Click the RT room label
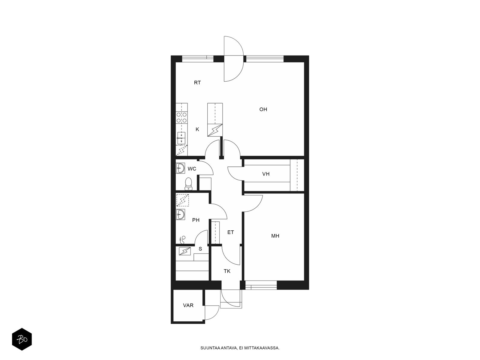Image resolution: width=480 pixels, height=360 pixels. [197, 82]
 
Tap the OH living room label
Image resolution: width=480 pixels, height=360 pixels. [263, 109]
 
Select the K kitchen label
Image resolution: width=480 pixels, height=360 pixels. [197, 129]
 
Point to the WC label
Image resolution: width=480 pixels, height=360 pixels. [192, 169]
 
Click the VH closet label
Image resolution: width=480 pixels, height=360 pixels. [266, 174]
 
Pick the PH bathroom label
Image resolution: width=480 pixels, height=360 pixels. [196, 220]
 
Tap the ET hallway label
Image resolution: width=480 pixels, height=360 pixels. [230, 232]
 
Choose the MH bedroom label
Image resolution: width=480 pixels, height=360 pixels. [275, 236]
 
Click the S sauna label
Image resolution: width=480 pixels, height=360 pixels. [200, 249]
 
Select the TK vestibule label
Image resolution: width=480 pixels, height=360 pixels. [227, 271]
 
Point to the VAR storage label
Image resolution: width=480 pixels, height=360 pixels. [188, 305]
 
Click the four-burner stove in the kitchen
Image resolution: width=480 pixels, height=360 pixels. [182, 118]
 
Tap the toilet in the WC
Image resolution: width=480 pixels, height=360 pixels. [188, 184]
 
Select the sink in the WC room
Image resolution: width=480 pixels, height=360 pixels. [181, 168]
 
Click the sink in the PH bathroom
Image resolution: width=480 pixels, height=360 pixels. [181, 214]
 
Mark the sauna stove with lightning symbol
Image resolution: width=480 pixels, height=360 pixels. [185, 251]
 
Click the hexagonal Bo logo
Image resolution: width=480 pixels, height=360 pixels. [22, 339]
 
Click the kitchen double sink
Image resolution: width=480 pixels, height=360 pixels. [181, 138]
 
